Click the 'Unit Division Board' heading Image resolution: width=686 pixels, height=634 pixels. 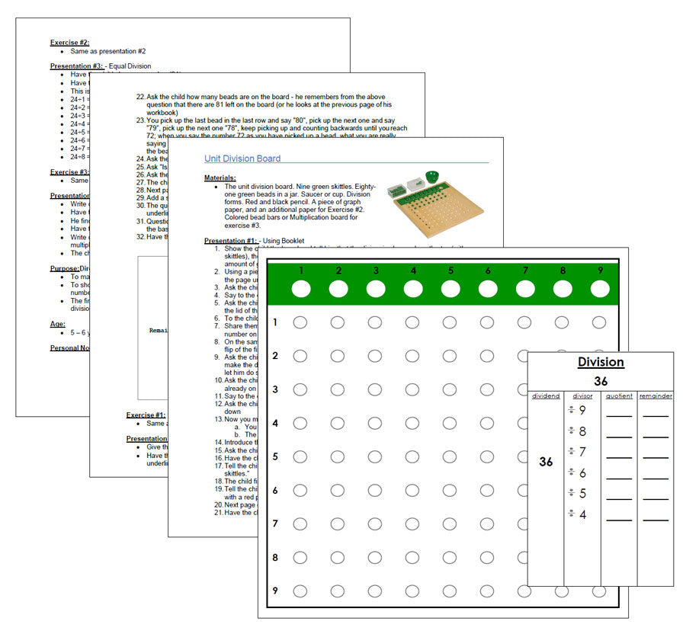point(242,158)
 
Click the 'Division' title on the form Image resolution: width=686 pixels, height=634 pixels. point(600,363)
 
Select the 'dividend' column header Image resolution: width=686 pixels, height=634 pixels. point(545,395)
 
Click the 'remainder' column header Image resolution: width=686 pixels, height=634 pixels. point(655,395)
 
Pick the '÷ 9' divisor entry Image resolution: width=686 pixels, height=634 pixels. point(577,411)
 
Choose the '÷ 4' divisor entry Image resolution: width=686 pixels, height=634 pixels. point(577,514)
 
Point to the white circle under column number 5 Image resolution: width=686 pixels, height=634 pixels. point(450,289)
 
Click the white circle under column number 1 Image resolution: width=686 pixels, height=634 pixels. point(300,289)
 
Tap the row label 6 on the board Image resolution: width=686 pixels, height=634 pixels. point(274,490)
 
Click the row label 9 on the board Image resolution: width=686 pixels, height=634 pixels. point(274,591)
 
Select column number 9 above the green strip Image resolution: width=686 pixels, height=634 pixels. point(599,270)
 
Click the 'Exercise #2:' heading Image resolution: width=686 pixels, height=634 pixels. point(70,43)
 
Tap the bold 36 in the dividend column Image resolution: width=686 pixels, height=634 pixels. point(546,462)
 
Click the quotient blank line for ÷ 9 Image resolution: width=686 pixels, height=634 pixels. point(619,415)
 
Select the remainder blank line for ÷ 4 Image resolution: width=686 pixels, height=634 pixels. point(655,519)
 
